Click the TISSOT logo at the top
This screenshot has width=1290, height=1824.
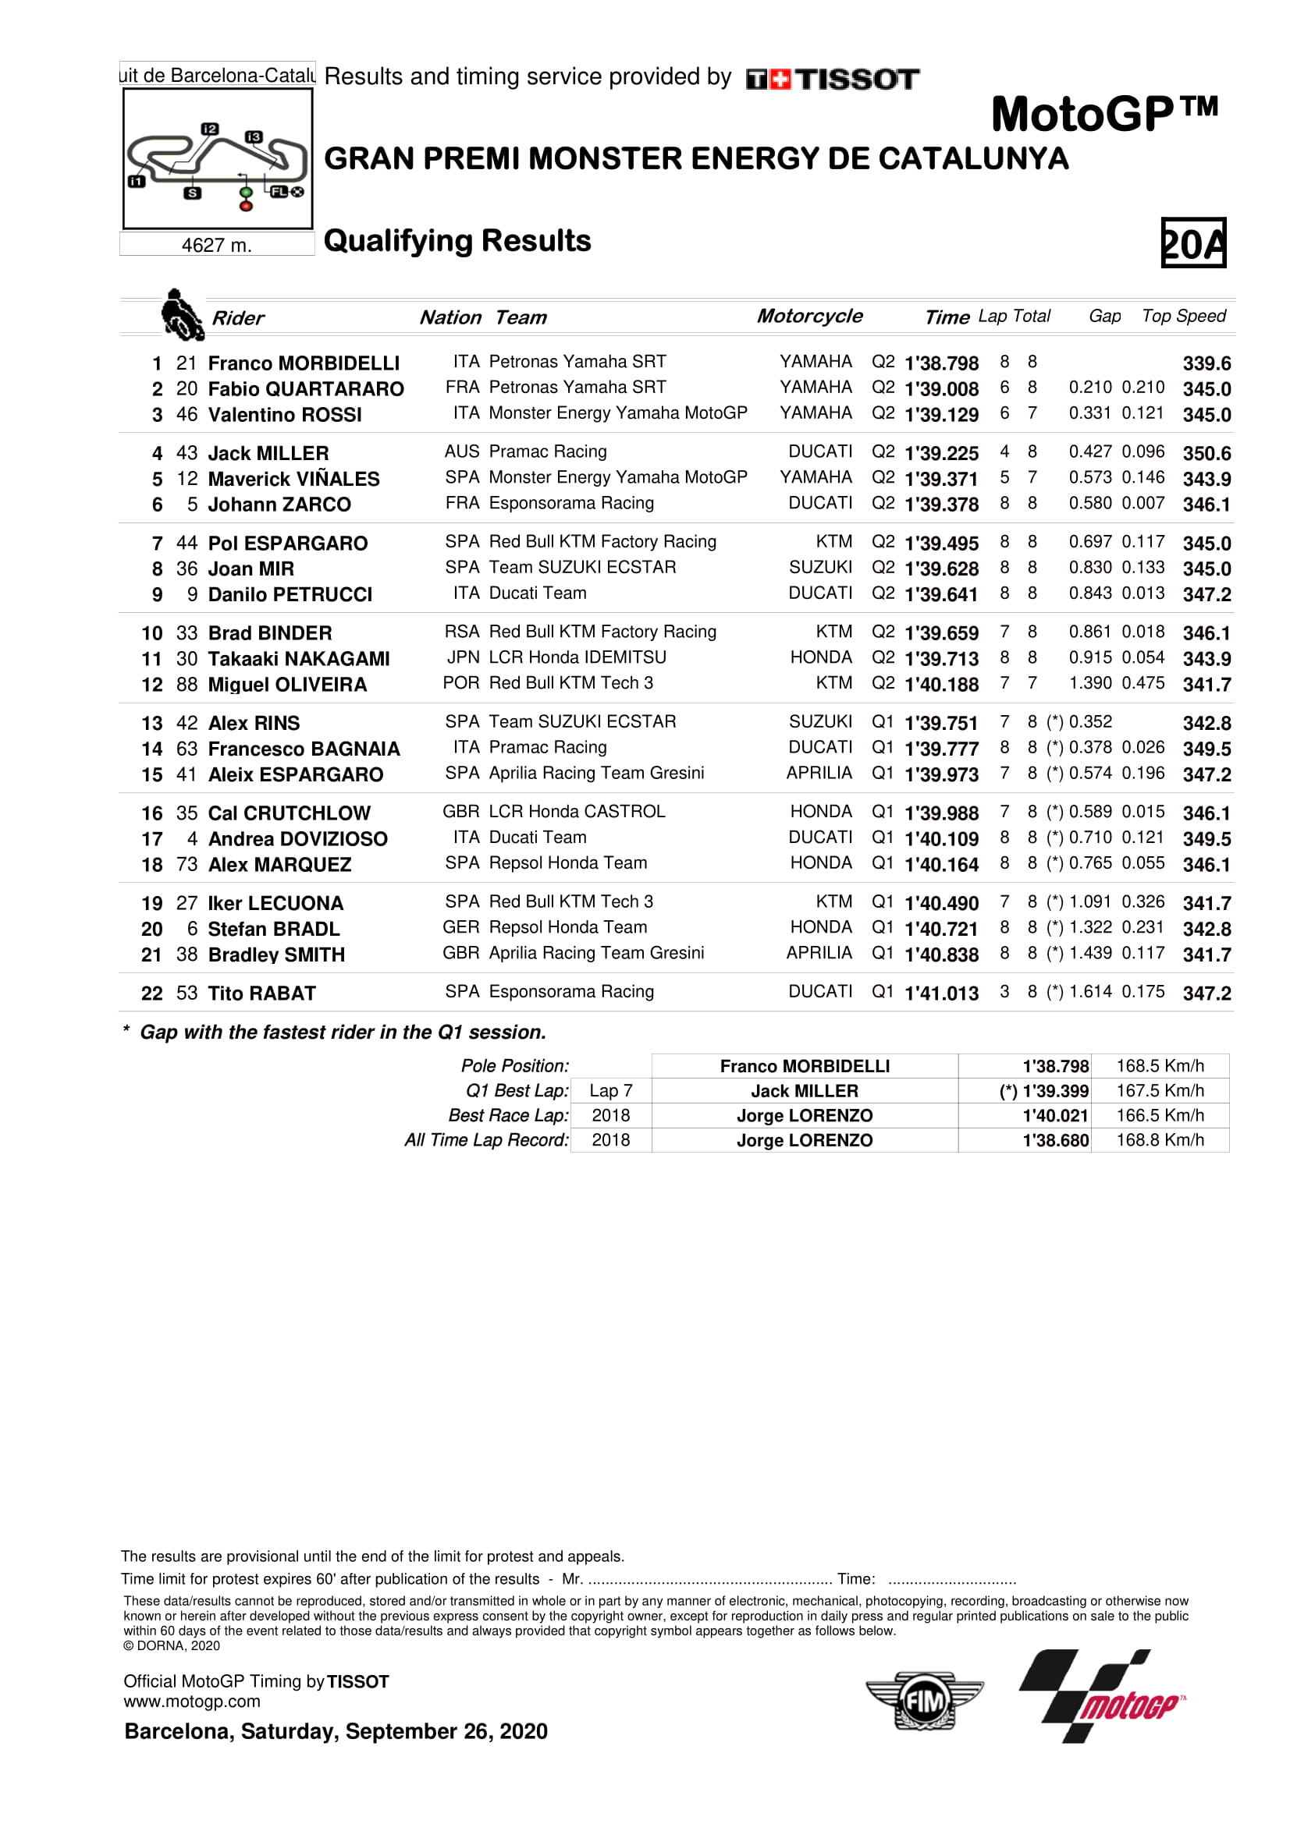pos(832,80)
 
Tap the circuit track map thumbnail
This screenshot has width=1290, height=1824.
pos(217,159)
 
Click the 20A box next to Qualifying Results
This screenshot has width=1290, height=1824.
pos(1192,243)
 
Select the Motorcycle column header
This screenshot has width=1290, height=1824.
pos(809,316)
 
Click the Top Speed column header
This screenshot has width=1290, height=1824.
pos(1184,316)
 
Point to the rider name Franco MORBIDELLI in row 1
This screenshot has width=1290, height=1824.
pos(304,363)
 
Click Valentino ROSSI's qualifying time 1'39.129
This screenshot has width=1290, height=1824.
pos(941,415)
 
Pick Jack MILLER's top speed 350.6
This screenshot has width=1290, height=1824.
pos(1206,453)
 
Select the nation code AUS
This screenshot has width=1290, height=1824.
pos(462,452)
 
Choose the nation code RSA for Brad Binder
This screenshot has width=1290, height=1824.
pos(462,632)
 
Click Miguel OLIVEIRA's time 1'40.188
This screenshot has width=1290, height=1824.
pos(941,684)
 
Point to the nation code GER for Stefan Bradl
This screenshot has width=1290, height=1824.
pos(461,927)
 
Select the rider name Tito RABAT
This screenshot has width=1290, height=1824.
pos(261,993)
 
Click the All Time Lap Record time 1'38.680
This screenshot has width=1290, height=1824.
pos(1056,1140)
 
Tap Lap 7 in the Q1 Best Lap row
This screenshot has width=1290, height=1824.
pos(610,1091)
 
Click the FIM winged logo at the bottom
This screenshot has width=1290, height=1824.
pos(924,1701)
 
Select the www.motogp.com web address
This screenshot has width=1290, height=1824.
pos(191,1702)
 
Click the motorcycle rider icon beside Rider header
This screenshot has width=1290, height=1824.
pos(182,314)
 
